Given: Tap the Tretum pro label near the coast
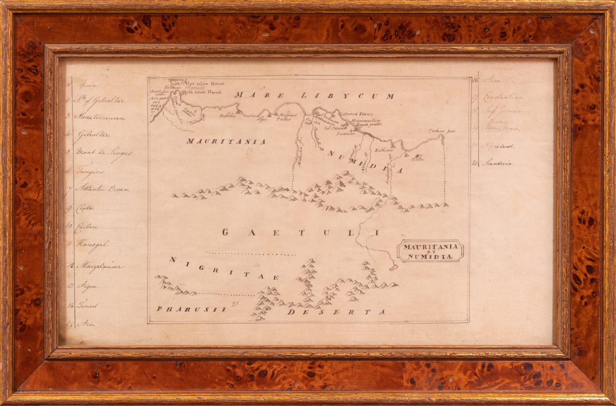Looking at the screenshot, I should [x=442, y=131].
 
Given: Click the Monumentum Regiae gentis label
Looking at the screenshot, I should [x=363, y=123].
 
